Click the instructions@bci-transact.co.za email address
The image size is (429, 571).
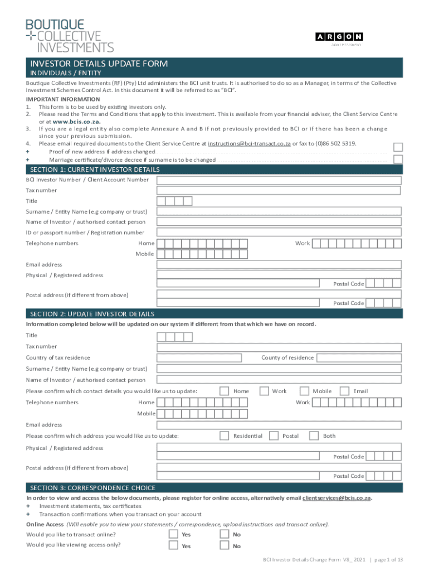(249, 143)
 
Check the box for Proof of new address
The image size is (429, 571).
(398, 147)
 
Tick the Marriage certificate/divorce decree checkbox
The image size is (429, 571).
(398, 159)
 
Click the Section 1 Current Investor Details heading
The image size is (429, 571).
(95, 170)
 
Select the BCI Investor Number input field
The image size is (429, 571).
(279, 180)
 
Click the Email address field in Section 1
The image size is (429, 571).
(279, 265)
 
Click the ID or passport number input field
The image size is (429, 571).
(279, 233)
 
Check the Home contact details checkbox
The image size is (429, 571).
(224, 391)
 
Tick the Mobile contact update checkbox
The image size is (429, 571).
(304, 391)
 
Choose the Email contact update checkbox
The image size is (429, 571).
(344, 391)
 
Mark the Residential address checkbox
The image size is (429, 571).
(224, 435)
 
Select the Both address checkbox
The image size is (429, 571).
(314, 435)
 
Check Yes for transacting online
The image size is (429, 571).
(173, 534)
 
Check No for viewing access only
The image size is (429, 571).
(224, 546)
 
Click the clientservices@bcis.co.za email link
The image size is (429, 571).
(337, 498)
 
